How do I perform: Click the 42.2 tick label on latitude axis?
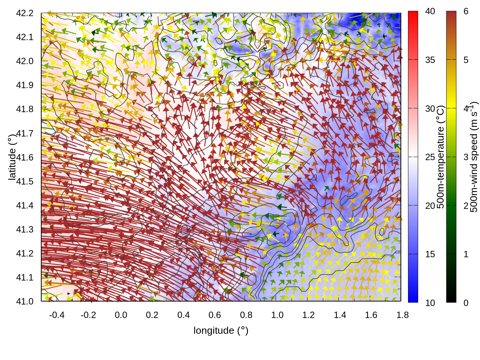tap(25, 13)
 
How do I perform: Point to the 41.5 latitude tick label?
tap(25, 181)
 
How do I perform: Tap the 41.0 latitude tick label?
tap(25, 301)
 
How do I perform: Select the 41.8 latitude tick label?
tap(25, 109)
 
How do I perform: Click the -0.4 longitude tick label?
tap(57, 315)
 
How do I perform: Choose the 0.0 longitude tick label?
tap(121, 315)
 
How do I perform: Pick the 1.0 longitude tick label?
tap(277, 315)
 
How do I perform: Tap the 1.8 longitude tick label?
tap(402, 315)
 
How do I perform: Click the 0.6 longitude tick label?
tap(214, 315)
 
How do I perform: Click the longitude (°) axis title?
tap(221, 330)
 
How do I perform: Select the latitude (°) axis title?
tap(12, 157)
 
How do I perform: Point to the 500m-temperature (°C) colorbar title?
tap(441, 157)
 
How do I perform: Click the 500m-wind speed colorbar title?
tap(474, 157)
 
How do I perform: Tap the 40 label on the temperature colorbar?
tap(430, 12)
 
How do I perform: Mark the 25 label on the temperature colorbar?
tap(430, 157)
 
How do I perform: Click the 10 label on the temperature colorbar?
tap(430, 303)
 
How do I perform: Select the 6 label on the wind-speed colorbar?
tap(466, 12)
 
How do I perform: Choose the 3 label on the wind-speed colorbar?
tap(466, 157)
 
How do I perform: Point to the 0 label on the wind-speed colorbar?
tap(466, 303)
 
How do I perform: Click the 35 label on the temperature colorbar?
tap(430, 60)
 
